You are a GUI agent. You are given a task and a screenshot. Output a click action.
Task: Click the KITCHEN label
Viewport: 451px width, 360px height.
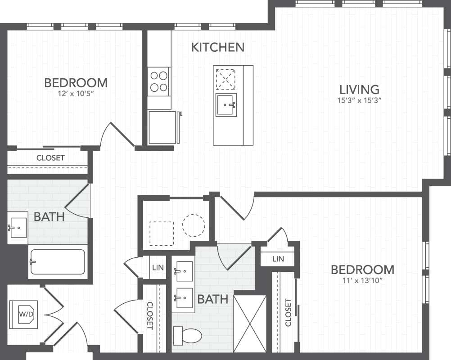[x=218, y=47]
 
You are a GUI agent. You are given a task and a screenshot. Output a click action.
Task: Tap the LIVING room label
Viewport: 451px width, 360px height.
[x=359, y=90]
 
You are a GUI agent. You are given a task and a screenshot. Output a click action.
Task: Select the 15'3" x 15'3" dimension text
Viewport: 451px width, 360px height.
[x=359, y=101]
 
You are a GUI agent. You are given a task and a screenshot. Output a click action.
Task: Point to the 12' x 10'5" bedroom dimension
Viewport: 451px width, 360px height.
[x=76, y=94]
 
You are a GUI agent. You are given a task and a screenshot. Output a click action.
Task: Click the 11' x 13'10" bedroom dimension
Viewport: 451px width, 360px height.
[x=362, y=280]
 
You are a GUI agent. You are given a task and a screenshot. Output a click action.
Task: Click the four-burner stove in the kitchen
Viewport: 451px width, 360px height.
[x=159, y=81]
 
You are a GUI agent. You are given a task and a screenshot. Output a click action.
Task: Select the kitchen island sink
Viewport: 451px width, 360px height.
[x=226, y=105]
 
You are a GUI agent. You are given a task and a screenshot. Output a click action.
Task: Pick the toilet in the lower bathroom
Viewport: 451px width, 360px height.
[x=187, y=336]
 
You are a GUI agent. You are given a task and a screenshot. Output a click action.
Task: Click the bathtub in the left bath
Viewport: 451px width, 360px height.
[x=58, y=261]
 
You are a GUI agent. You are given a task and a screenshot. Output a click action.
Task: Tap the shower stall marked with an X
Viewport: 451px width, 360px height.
[x=250, y=324]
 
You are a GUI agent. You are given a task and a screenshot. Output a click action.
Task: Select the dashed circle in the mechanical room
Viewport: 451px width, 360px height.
[x=194, y=225]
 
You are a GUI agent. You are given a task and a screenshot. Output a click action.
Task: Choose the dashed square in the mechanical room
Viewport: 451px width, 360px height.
[x=162, y=234]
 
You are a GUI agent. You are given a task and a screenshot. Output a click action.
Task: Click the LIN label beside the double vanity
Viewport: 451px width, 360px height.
[x=158, y=268]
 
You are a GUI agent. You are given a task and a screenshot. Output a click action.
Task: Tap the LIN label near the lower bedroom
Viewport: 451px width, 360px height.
[x=278, y=259]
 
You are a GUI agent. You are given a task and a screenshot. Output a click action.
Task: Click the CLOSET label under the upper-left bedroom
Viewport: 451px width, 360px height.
[x=50, y=158]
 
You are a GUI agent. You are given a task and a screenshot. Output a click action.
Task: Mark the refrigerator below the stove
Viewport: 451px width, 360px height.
[x=162, y=127]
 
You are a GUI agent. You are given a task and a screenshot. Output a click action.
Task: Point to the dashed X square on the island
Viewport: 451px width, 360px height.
[x=225, y=79]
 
